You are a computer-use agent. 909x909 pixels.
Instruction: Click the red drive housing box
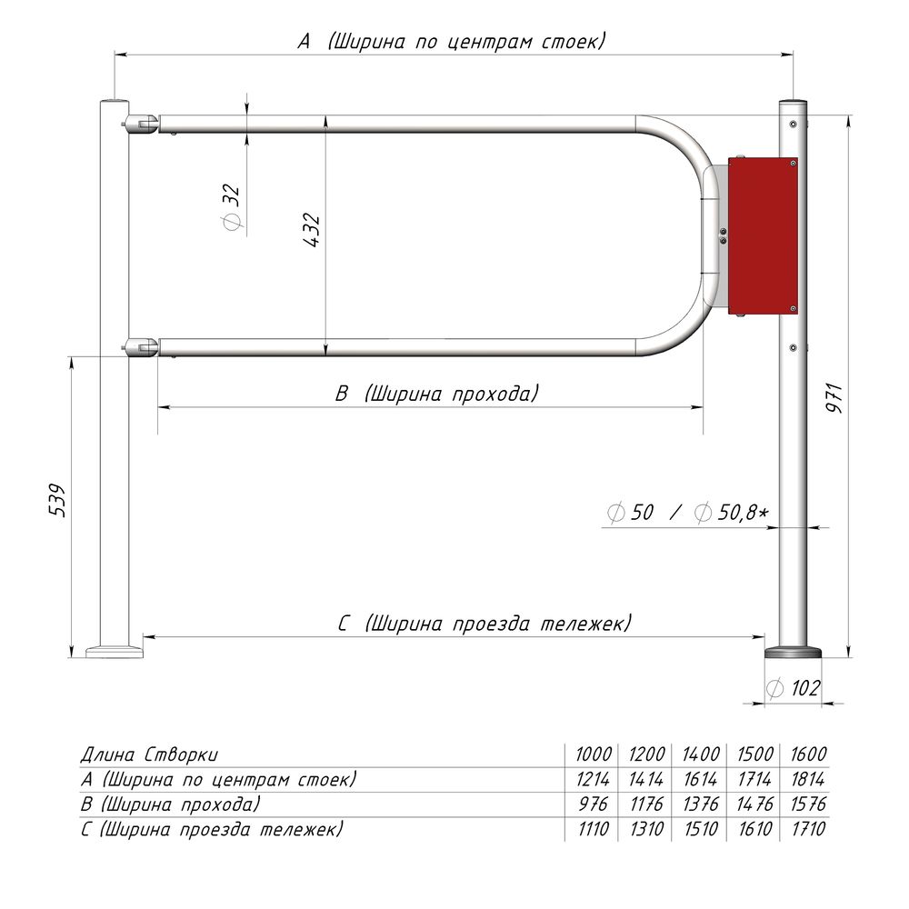click(x=762, y=236)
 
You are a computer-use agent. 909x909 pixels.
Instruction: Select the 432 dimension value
click(x=312, y=231)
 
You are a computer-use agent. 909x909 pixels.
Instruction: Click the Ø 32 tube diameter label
click(x=231, y=207)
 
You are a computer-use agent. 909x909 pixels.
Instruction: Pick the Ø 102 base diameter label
click(x=793, y=688)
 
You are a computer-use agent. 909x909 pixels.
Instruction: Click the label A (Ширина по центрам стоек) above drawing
click(x=451, y=41)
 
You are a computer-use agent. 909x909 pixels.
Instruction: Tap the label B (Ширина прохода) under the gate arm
click(x=436, y=393)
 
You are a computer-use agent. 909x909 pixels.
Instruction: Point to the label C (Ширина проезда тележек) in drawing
click(x=484, y=624)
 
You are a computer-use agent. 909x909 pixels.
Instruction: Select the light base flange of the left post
click(x=115, y=650)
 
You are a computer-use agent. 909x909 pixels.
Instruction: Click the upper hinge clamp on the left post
click(x=141, y=122)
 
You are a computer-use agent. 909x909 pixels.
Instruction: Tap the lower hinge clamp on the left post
click(x=141, y=347)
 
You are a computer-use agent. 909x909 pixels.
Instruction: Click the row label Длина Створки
click(x=149, y=754)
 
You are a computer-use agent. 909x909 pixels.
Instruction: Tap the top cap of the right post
click(x=793, y=101)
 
